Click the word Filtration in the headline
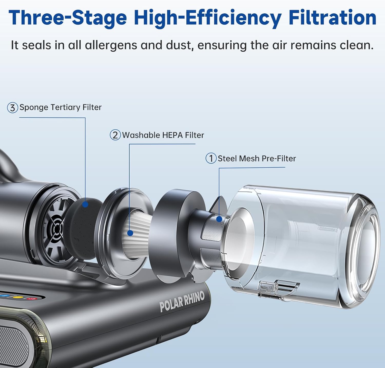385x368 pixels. [332, 18]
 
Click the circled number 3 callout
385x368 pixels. [12, 108]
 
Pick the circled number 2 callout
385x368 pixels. [115, 135]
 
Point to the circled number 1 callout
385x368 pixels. [211, 158]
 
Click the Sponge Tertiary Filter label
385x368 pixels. [61, 107]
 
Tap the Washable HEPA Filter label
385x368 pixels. [163, 135]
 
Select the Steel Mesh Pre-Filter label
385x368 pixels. [257, 158]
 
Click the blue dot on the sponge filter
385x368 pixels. [85, 204]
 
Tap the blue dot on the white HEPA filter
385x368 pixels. [130, 233]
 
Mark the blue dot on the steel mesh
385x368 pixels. [219, 219]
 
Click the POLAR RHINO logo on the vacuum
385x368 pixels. [182, 301]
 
